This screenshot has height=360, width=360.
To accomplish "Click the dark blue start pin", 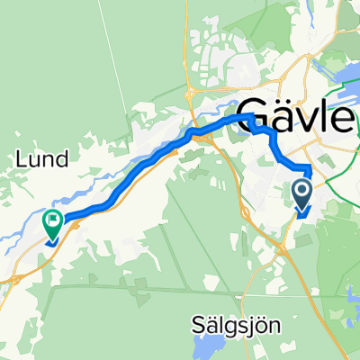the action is coord(301,193).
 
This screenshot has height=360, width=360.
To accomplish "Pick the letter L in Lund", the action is coord(20,159).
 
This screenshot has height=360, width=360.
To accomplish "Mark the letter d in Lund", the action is coord(65,159).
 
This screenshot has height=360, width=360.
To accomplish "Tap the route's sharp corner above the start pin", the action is coord(310,168).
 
